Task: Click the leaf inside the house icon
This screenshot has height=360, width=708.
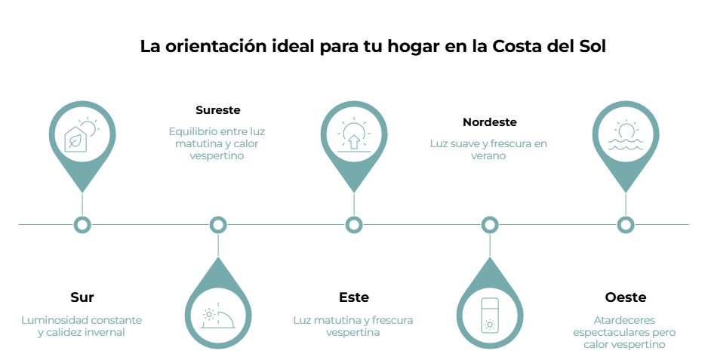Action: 75,141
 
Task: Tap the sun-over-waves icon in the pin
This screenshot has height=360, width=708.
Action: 625,136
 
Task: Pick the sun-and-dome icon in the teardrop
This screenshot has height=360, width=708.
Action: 218,316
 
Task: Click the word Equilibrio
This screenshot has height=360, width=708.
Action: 188,131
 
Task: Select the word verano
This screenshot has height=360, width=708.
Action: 488,156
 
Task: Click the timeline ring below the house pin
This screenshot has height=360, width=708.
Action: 82,224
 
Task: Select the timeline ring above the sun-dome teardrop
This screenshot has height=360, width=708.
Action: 218,224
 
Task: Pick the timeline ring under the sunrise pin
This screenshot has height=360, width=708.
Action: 353,224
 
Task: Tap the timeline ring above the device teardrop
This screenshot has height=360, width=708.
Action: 490,224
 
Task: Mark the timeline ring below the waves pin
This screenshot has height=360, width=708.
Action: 625,224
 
